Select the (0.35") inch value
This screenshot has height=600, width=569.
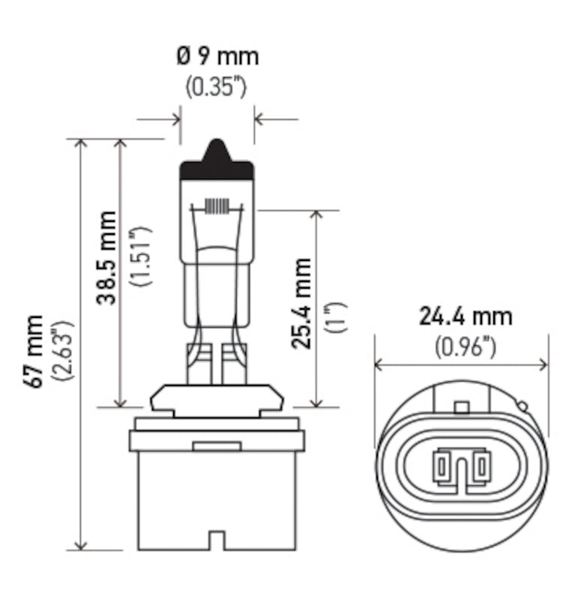point(216,86)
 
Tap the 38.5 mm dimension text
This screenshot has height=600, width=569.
point(107,257)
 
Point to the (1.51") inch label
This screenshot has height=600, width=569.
point(141,257)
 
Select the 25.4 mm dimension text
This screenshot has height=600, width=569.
point(302,304)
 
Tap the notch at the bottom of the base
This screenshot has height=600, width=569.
point(217,541)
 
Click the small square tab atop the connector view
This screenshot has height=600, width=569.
point(462,407)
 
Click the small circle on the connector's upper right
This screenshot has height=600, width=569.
point(523,406)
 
